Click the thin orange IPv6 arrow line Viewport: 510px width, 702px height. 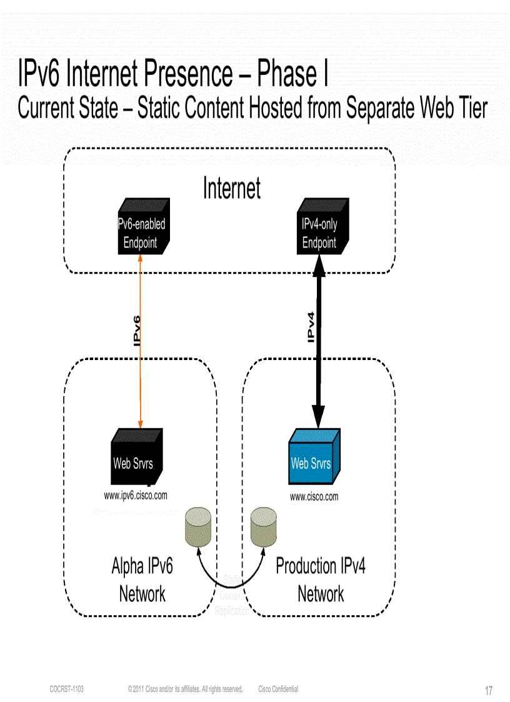pos(141,375)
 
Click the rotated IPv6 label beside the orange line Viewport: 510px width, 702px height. pos(137,330)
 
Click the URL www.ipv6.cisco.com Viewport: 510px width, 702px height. pos(136,496)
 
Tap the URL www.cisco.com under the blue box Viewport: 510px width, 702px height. pos(314,497)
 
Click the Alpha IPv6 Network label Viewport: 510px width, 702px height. pos(142,579)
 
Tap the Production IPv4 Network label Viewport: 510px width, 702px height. pos(321,579)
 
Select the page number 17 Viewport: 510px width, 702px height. pos(489,691)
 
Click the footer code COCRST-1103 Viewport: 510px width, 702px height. pos(66,689)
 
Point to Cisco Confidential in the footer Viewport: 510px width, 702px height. pos(278,689)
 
